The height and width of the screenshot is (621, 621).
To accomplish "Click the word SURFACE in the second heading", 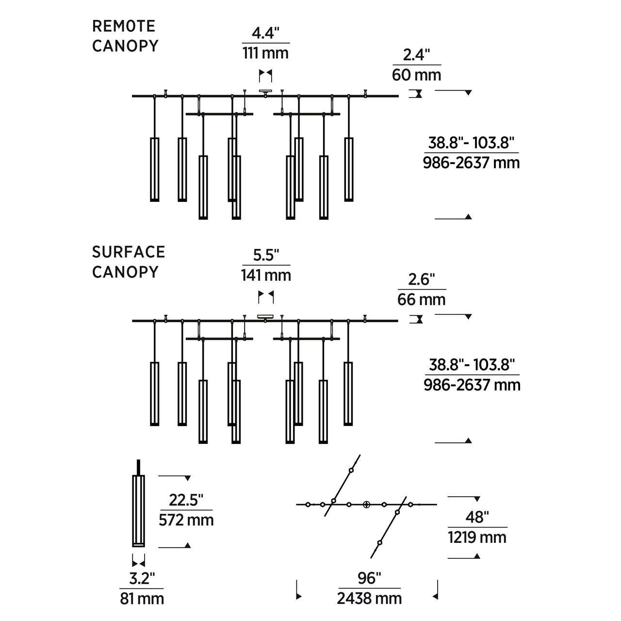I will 129,252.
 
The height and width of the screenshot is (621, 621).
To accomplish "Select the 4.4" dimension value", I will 265,33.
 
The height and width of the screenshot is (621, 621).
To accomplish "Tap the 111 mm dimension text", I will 265,53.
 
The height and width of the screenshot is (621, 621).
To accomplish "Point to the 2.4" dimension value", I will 417,55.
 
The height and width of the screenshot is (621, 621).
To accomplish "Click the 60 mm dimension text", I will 417,75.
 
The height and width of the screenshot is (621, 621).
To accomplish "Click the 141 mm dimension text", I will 266,276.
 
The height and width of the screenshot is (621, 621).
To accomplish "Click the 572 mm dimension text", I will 186,520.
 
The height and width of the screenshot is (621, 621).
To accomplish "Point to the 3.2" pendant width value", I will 142,578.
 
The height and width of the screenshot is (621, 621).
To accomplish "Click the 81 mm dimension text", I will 142,599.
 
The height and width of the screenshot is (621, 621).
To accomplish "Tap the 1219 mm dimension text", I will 477,538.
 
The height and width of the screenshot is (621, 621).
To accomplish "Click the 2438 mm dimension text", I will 369,599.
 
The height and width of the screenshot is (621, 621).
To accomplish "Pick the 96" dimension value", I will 369,578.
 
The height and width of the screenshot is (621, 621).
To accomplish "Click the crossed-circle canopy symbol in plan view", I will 367,505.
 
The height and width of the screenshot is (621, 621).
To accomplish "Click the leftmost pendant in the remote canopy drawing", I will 155,169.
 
